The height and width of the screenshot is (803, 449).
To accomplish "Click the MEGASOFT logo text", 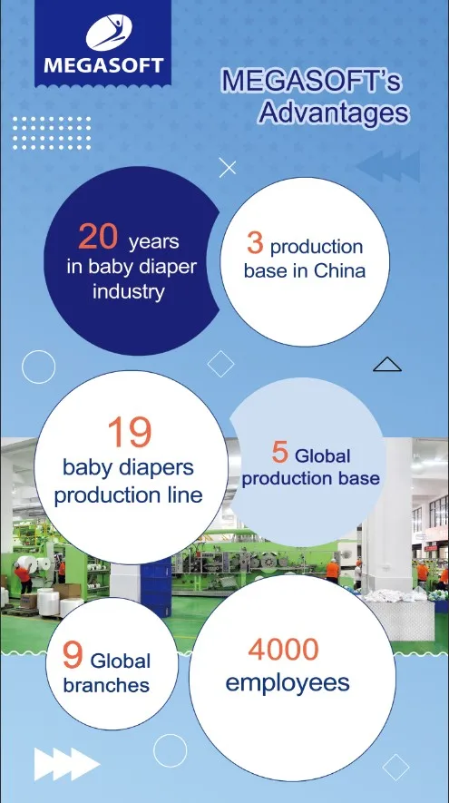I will point(102,64).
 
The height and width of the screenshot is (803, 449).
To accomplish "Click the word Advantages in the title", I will point(333,114).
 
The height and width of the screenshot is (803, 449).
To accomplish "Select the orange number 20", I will point(98,237).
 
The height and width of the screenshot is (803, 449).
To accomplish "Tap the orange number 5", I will point(280,451).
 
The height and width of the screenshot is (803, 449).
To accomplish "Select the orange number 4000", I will point(283,649).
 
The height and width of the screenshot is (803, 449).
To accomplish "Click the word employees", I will point(288,683).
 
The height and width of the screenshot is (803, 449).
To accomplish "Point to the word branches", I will point(107,686).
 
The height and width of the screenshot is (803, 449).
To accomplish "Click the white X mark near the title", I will point(229,168).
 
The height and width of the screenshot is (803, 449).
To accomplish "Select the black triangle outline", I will point(387,365).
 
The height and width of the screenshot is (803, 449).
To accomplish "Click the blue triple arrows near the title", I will point(387,166).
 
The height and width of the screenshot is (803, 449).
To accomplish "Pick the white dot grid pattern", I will point(52,132).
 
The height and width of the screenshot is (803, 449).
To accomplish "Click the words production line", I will point(128,495).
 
